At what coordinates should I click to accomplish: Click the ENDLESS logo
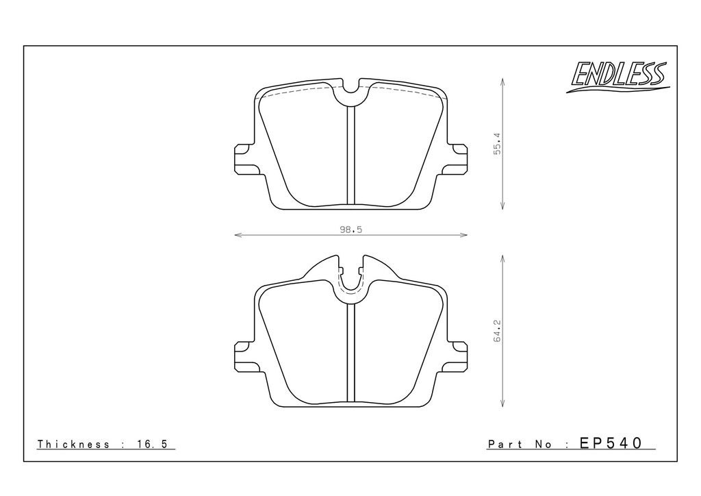click(x=618, y=77)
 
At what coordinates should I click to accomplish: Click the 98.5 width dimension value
click(x=351, y=230)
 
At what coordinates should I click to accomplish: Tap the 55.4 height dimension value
click(x=498, y=144)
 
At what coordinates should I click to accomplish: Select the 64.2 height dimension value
click(x=498, y=331)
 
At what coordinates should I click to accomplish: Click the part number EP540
click(x=611, y=443)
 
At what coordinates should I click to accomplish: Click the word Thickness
click(x=73, y=444)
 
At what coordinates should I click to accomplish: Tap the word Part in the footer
click(x=505, y=444)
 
